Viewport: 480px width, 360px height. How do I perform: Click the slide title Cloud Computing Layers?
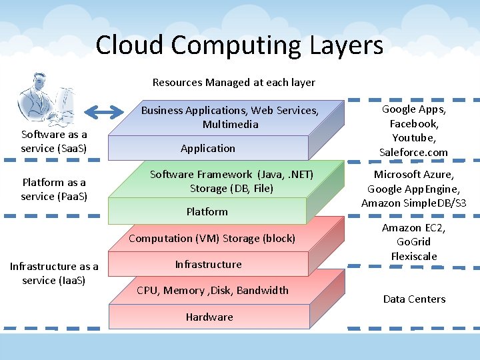click(x=239, y=45)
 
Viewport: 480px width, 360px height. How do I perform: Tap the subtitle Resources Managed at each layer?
click(x=233, y=83)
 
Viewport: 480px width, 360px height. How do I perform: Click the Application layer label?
click(x=208, y=148)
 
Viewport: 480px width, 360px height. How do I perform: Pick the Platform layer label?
click(x=207, y=211)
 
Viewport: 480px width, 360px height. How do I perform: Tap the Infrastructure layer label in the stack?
click(x=208, y=264)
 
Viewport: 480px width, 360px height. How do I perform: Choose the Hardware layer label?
click(x=209, y=317)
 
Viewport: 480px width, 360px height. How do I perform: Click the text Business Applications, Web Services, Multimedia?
click(x=229, y=117)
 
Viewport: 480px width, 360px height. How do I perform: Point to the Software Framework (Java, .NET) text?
click(x=231, y=174)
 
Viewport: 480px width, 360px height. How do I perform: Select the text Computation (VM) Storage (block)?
click(x=212, y=238)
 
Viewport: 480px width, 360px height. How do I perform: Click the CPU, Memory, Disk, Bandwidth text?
click(x=213, y=290)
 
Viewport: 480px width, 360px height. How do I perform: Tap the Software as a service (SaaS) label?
click(x=54, y=141)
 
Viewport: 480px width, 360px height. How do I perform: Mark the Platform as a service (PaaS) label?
click(x=54, y=189)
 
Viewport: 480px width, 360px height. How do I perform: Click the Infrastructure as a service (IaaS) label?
click(x=54, y=273)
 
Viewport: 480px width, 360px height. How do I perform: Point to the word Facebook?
click(x=413, y=123)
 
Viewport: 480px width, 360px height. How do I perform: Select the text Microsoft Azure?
click(x=413, y=174)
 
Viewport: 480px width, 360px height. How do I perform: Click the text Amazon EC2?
click(x=413, y=227)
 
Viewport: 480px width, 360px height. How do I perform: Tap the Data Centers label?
click(x=414, y=299)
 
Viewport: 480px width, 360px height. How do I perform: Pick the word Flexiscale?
click(x=414, y=256)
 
